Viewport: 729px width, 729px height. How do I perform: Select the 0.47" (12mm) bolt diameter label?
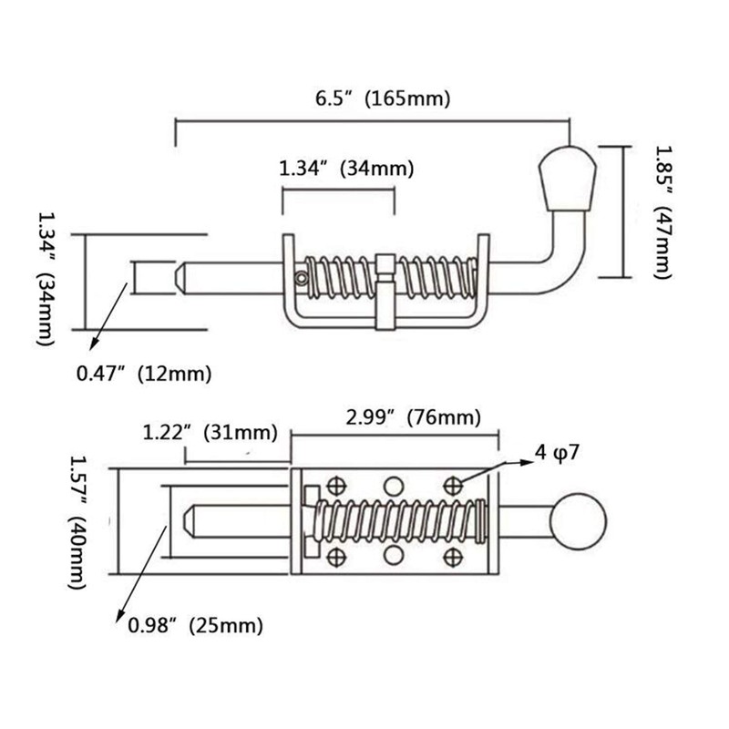click(145, 373)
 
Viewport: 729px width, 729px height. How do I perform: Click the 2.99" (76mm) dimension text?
click(412, 417)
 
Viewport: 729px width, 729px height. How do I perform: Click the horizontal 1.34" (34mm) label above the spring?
click(345, 168)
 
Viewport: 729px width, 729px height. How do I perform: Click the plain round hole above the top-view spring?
click(393, 486)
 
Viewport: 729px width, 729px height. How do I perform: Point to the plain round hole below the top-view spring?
click(393, 555)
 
